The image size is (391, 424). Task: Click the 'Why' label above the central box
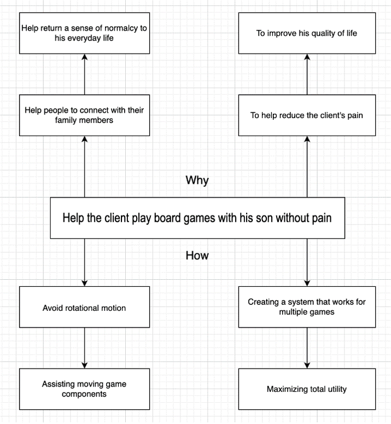197,180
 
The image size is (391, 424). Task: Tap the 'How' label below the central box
197,255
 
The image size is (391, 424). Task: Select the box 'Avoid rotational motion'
84,308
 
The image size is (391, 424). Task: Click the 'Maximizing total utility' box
307,389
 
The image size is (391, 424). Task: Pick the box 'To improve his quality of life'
307,33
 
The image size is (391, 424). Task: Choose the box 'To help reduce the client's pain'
307,115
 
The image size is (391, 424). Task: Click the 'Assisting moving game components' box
84,389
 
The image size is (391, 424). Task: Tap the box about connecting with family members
84,115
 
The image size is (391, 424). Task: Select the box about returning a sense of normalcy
84,33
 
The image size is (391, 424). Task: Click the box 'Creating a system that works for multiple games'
307,307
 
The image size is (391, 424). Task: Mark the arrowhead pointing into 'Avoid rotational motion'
85,282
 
